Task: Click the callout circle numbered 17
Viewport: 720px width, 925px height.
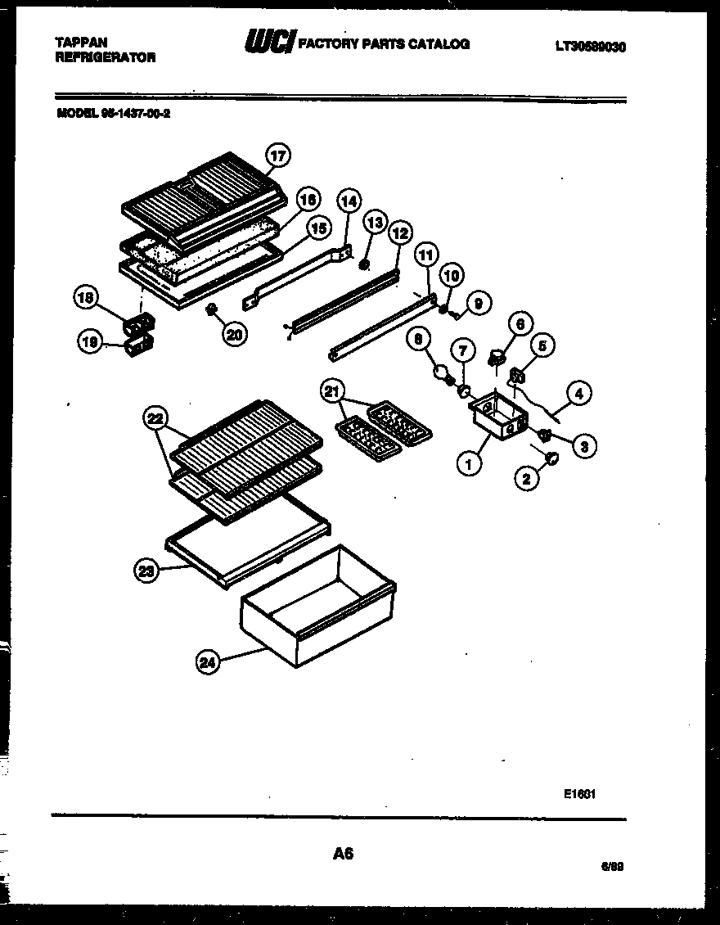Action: pyautogui.click(x=279, y=154)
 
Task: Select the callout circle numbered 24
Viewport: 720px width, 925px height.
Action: pyautogui.click(x=209, y=663)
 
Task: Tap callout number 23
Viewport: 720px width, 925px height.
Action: pyautogui.click(x=146, y=572)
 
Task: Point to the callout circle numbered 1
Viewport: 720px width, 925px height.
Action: pyautogui.click(x=468, y=465)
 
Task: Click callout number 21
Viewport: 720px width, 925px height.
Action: pyautogui.click(x=331, y=392)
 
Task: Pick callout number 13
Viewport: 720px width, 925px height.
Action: pyautogui.click(x=374, y=223)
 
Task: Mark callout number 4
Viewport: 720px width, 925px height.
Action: pyautogui.click(x=578, y=393)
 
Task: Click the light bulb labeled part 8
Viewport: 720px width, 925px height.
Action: pyautogui.click(x=444, y=374)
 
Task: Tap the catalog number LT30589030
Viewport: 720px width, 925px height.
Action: pyautogui.click(x=590, y=47)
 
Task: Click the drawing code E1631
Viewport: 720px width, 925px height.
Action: pyautogui.click(x=578, y=793)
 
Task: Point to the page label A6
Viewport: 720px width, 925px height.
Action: pyautogui.click(x=343, y=854)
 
